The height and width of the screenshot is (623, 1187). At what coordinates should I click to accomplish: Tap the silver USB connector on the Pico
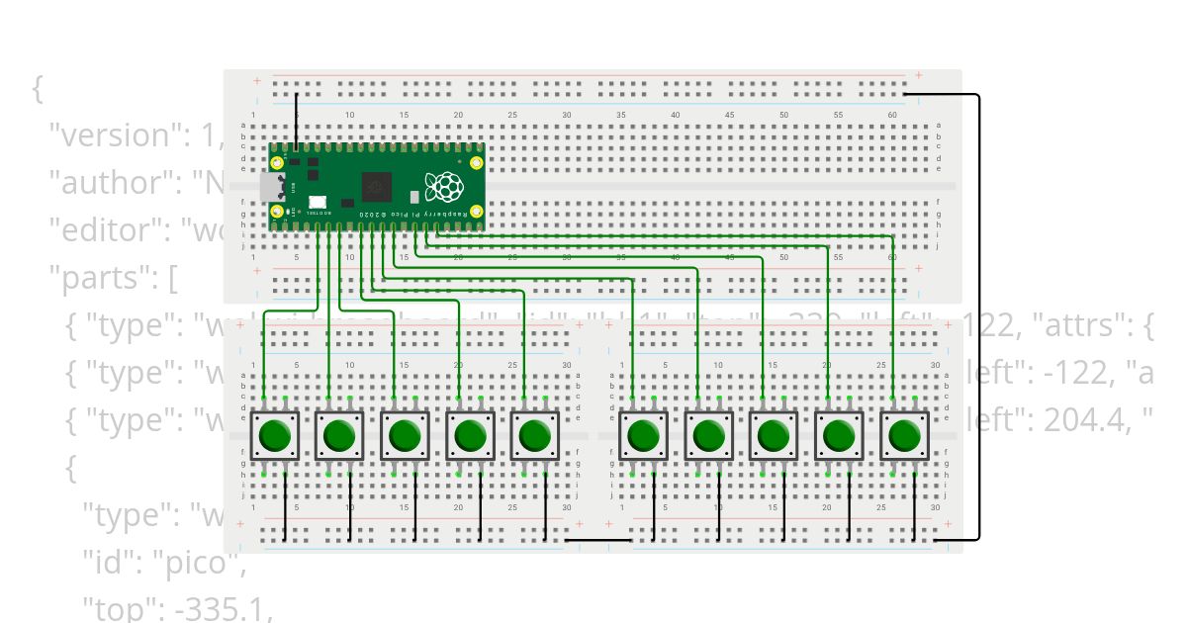[x=269, y=186]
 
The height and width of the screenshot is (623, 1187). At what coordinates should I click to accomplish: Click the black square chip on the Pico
[x=377, y=186]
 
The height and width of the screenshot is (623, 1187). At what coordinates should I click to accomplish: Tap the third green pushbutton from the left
[x=404, y=434]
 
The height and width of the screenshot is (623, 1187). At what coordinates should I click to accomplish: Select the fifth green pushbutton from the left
[x=534, y=434]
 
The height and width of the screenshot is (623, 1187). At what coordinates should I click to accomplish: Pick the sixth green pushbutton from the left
[x=643, y=434]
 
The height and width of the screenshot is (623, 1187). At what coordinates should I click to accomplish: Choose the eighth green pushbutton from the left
[x=774, y=434]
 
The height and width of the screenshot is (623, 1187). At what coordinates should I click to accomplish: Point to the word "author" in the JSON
[x=104, y=182]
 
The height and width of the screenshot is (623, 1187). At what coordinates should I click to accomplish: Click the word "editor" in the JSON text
[x=102, y=229]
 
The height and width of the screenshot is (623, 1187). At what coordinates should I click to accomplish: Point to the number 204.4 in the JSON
[x=1088, y=421]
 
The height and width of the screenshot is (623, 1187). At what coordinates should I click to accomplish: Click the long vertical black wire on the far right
[x=979, y=316]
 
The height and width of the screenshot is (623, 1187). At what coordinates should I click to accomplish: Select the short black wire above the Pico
[x=297, y=121]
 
